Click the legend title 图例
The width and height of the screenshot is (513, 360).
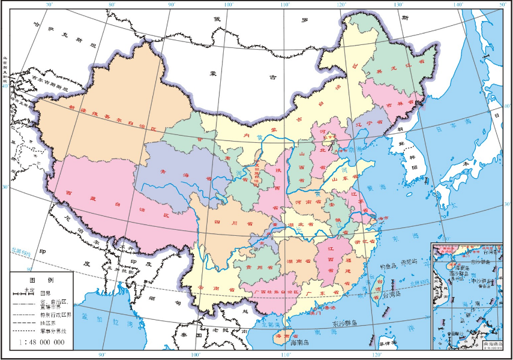(x=42, y=280)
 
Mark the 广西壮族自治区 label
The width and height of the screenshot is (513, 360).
(x=277, y=292)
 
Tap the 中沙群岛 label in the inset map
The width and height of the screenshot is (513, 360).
(x=481, y=279)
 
